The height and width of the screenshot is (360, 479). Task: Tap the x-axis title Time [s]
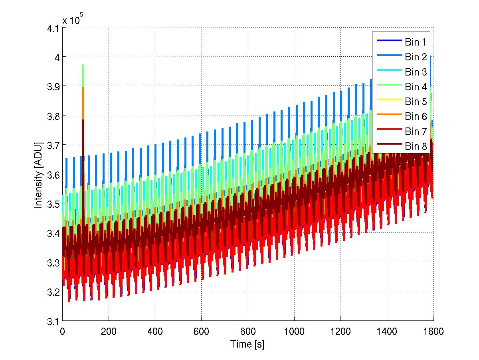tap(247, 344)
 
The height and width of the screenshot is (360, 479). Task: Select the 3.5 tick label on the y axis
tap(52, 204)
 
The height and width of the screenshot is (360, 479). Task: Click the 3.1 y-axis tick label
tap(52, 321)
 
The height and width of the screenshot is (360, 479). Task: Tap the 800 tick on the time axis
tap(247, 331)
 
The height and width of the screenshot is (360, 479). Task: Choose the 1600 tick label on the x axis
tap(433, 331)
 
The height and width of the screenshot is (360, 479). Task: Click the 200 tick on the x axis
tap(109, 331)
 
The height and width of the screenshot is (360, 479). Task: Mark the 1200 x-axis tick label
tap(340, 331)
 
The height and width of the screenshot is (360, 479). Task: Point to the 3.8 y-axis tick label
tap(52, 116)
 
